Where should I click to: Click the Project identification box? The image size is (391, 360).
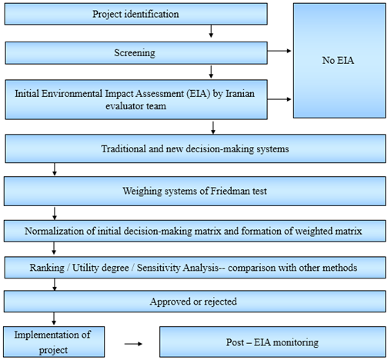tap(136, 14)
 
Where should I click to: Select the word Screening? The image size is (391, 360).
tap(135, 53)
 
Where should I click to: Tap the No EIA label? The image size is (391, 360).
tap(338, 61)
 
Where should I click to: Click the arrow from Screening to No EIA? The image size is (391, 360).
tap(279, 51)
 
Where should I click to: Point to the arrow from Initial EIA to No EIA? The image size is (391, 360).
tap(279, 99)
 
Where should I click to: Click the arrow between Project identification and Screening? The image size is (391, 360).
tap(211, 32)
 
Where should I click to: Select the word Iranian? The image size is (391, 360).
tap(240, 94)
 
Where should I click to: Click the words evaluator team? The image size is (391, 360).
tap(136, 106)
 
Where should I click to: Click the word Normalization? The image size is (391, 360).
tap(55, 231)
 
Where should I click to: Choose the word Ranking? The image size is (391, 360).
tap(47, 268)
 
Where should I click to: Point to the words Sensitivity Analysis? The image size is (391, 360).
tap(178, 268)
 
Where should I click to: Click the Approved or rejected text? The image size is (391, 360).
tap(193, 302)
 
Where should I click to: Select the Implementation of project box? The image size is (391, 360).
tap(54, 342)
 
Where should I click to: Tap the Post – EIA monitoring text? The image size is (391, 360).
tap(272, 342)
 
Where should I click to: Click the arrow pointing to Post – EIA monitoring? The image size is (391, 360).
tap(133, 344)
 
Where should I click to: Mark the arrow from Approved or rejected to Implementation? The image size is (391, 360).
tap(54, 318)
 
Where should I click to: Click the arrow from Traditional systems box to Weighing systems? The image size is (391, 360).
tap(55, 169)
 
